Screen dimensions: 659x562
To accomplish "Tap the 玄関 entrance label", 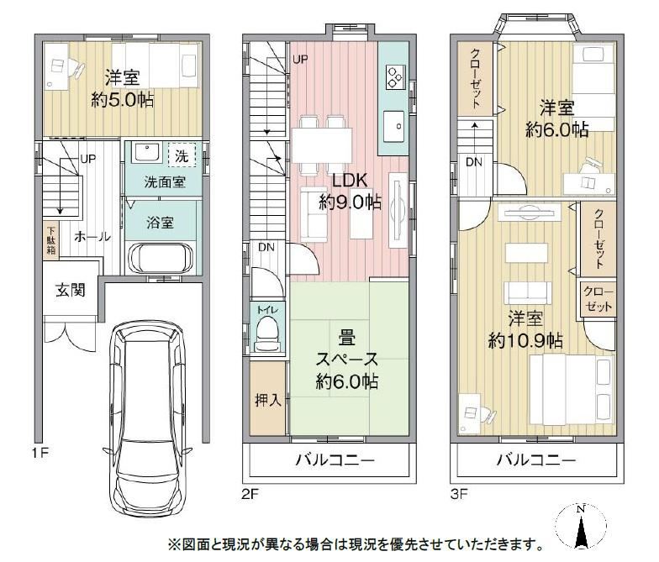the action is click(x=71, y=290).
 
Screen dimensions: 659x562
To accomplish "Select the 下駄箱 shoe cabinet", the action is click(x=50, y=240).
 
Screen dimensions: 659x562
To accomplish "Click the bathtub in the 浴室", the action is click(x=161, y=259).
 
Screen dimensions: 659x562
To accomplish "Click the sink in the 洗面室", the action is click(x=146, y=152).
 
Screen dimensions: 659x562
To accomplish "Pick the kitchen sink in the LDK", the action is click(x=393, y=126).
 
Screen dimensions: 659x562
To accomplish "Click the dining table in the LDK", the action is click(x=322, y=144).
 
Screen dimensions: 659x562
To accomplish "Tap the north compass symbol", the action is click(x=581, y=528).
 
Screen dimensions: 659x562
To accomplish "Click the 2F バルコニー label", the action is click(x=335, y=460).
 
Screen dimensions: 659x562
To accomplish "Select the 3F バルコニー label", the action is click(x=536, y=460).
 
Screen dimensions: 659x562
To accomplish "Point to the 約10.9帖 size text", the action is click(x=525, y=341).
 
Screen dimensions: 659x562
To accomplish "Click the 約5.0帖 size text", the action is click(x=123, y=100).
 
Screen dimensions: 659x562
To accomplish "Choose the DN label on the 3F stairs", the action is click(x=474, y=162).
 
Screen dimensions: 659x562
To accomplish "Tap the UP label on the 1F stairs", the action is click(x=87, y=159).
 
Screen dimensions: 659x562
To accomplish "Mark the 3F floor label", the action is click(x=459, y=494).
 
